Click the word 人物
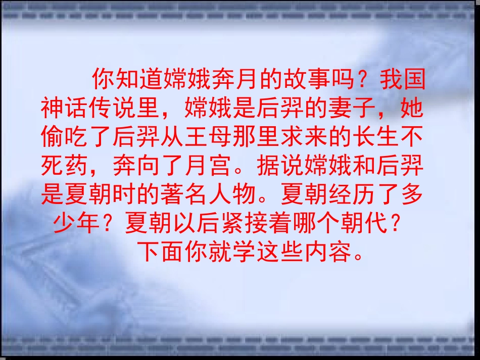(x=231, y=195)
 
